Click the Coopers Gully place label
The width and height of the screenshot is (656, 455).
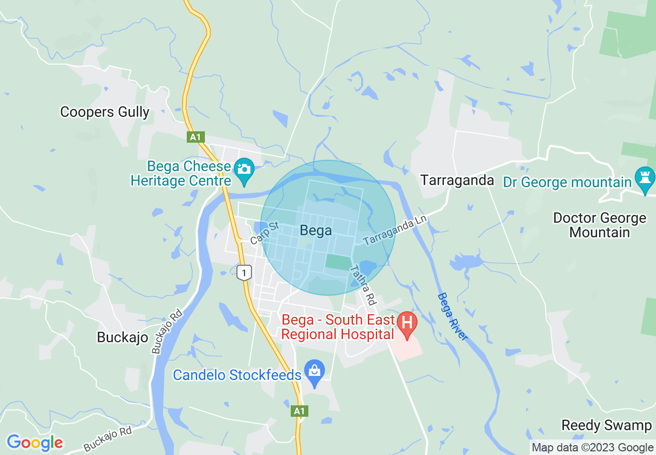105,112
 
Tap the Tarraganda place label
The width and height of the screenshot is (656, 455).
457,180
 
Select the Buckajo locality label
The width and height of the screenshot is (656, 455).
123,338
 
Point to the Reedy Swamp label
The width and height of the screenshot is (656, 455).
606,426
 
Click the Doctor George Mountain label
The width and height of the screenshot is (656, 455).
599,225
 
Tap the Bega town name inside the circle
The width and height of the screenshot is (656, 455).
316,231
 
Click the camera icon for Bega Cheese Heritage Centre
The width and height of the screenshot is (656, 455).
243,169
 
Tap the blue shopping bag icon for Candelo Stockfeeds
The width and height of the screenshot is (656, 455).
314,371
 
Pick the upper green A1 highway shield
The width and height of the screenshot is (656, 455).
195,137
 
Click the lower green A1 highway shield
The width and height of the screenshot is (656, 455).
299,411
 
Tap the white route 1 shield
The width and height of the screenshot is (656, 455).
244,272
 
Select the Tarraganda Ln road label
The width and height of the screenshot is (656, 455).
395,231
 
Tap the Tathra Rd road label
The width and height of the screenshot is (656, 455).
362,285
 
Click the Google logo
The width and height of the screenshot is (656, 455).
35,443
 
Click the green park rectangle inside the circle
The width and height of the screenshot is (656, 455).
337,262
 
